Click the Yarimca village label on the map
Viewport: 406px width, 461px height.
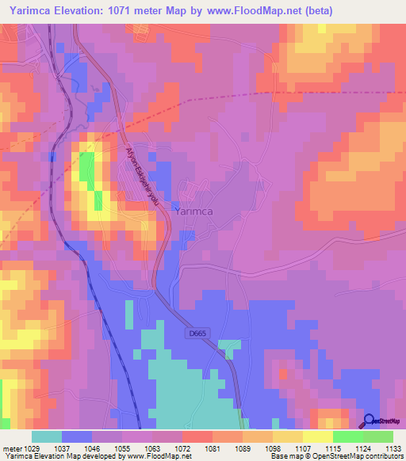click(x=194, y=211)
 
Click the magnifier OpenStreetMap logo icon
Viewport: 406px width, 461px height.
click(x=370, y=422)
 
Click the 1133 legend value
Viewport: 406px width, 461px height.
click(x=393, y=448)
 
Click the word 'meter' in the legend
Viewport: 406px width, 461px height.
click(x=11, y=448)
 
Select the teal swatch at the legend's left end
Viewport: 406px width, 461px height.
click(x=47, y=436)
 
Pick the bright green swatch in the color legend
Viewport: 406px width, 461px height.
click(x=347, y=436)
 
